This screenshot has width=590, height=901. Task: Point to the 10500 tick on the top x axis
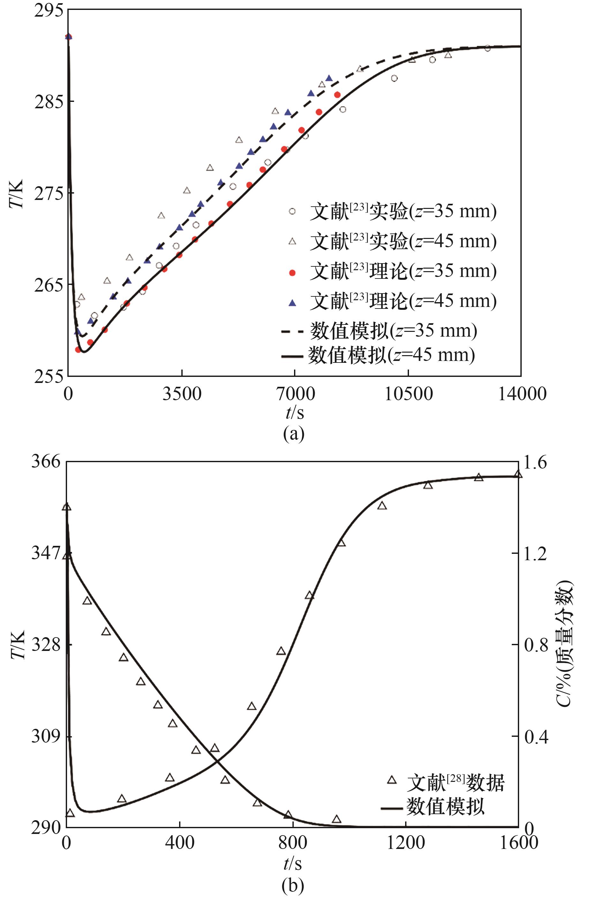pyautogui.click(x=408, y=394)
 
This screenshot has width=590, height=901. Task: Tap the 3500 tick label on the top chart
pyautogui.click(x=182, y=394)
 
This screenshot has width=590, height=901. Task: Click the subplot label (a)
pyautogui.click(x=294, y=434)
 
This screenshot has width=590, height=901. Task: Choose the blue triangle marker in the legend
pyautogui.click(x=292, y=302)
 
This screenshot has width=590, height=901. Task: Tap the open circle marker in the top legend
pyautogui.click(x=292, y=211)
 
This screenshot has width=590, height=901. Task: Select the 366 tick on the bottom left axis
pyautogui.click(x=45, y=462)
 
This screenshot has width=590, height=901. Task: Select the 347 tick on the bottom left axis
pyautogui.click(x=45, y=554)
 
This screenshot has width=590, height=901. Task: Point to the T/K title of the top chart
pyautogui.click(x=16, y=194)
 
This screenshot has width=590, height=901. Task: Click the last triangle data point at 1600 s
pyautogui.click(x=518, y=475)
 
